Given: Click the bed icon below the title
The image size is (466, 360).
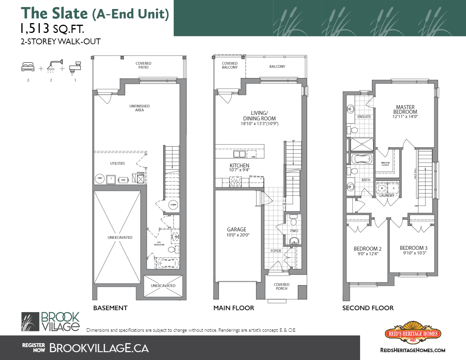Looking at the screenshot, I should click(x=28, y=67).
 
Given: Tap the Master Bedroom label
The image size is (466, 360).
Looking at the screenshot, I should click(x=405, y=109).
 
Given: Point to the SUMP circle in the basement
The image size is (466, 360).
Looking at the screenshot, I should click(x=173, y=205).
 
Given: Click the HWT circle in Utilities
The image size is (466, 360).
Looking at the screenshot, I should click(x=99, y=179).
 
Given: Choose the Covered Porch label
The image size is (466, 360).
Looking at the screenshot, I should click(x=281, y=287).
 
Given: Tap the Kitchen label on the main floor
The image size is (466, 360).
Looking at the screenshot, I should click(x=239, y=165).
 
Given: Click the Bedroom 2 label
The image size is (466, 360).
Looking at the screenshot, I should click(x=368, y=249).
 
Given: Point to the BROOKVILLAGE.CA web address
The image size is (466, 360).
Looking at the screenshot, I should click(x=99, y=347).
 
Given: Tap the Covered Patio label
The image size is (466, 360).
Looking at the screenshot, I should click(x=143, y=65).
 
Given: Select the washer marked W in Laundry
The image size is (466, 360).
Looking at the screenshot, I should click(x=380, y=188).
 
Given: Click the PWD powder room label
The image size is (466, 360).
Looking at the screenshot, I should click(x=294, y=231).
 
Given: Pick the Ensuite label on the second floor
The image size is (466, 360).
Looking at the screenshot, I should click(x=364, y=117).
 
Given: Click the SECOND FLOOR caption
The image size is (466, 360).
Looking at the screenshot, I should click(x=368, y=308).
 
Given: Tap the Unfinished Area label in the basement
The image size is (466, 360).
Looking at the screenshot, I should click(x=140, y=108).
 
